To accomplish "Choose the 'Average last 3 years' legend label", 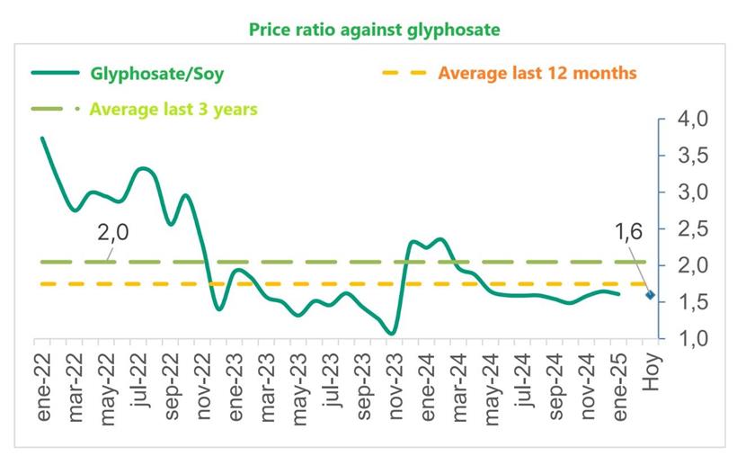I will pos(172,110).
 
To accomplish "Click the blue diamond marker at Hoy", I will pos(650,294).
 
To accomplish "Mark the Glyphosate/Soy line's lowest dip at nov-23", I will pos(391,334).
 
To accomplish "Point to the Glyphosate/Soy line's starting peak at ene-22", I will pos(42,139).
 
